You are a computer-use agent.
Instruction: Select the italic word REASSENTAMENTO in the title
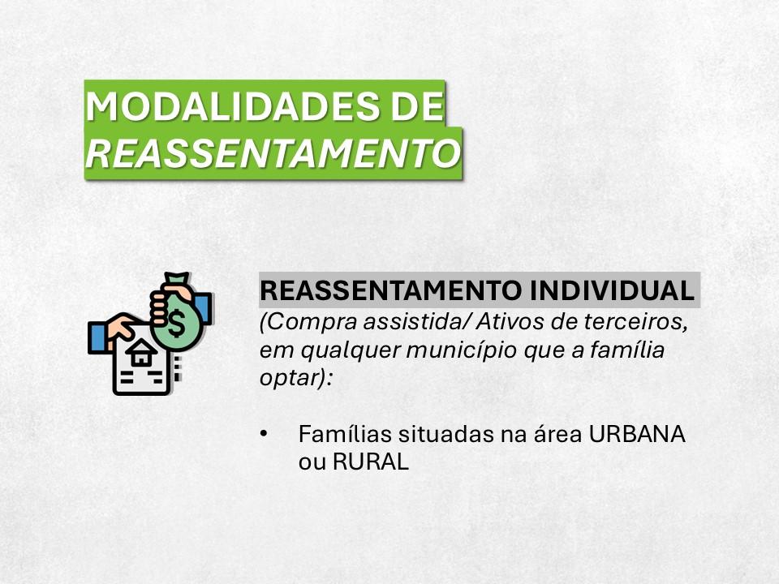coord(273,153)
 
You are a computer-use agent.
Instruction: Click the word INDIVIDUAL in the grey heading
coord(612,290)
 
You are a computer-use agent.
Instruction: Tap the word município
coord(465,350)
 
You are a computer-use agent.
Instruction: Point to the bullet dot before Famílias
coord(264,433)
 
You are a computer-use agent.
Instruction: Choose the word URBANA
coord(637,433)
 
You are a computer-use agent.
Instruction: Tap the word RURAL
coord(371,462)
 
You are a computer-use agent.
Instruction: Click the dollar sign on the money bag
coord(175,323)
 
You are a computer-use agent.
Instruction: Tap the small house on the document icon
coord(140,353)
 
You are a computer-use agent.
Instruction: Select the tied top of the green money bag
coord(178,281)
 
